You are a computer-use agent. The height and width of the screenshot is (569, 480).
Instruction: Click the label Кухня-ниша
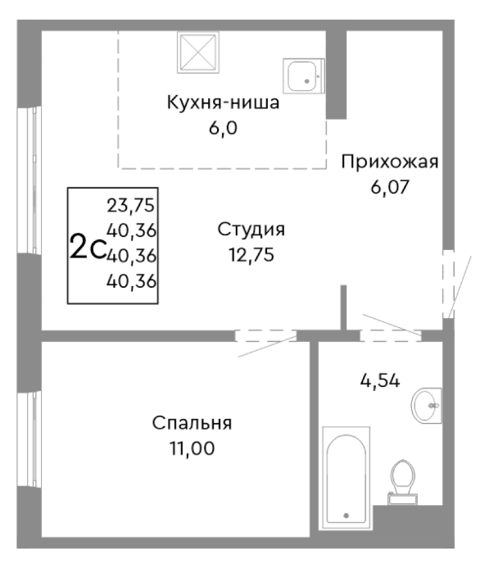223,103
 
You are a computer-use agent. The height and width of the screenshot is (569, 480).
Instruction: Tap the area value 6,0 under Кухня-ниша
223,128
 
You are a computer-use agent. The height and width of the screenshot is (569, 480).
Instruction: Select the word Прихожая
390,162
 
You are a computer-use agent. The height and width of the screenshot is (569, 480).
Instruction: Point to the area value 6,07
390,186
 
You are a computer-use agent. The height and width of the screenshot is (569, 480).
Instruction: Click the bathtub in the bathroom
346,477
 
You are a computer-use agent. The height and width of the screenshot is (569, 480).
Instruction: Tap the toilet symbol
401,479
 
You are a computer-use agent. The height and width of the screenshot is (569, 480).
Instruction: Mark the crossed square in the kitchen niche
199,54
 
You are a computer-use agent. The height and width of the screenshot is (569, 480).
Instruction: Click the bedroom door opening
265,335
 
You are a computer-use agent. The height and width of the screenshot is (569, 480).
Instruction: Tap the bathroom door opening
390,335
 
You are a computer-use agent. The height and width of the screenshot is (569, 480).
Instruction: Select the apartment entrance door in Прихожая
448,284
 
